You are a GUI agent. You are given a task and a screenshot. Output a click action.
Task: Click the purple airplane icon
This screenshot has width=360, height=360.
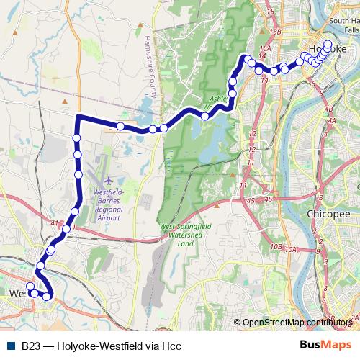click(109, 180)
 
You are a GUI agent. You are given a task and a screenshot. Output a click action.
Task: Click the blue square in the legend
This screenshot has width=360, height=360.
click(11, 345)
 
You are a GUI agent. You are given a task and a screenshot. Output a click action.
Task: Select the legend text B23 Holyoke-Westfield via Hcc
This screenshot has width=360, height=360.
click(101, 346)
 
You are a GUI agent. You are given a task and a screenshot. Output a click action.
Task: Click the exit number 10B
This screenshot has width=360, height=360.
click(276, 246)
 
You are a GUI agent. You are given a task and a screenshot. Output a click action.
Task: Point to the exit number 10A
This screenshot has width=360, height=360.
click(291, 249)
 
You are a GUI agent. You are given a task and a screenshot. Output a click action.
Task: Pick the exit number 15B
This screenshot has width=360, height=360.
click(274, 32)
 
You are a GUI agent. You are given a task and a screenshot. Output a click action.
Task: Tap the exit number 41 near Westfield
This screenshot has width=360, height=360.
click(55, 223)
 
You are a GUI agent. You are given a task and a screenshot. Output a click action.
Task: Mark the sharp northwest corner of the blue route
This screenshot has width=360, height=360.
click(77, 116)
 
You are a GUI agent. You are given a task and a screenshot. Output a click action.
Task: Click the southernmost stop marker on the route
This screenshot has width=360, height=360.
click(48, 296)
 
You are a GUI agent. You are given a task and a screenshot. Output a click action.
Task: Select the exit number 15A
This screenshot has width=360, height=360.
click(265, 48)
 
